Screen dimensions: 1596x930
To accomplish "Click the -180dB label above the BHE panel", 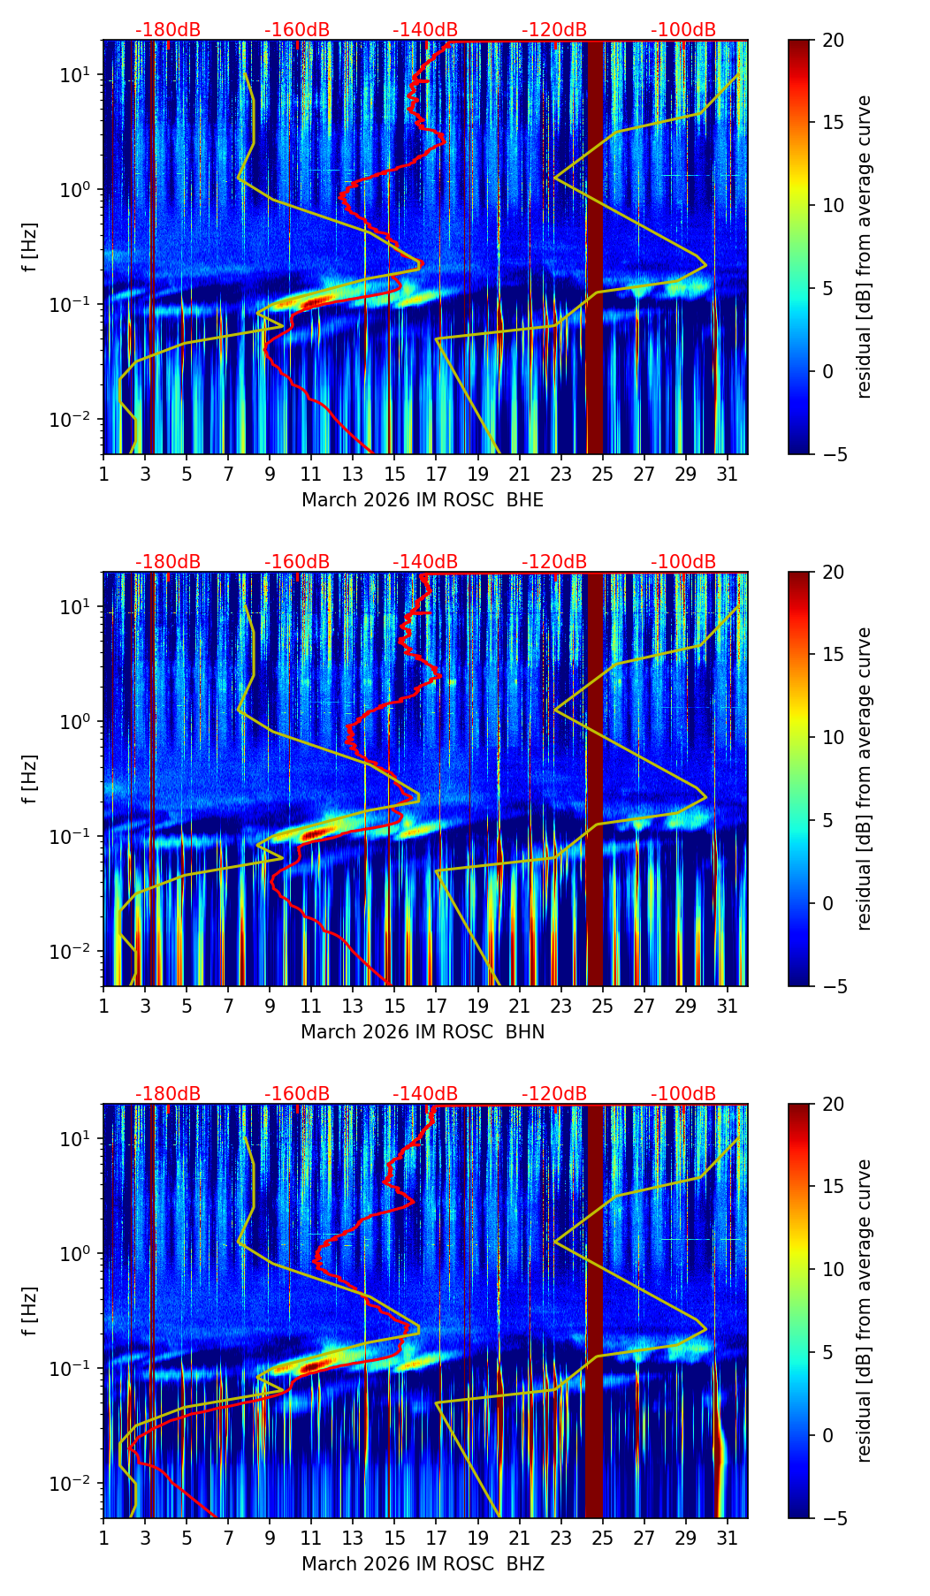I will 168,31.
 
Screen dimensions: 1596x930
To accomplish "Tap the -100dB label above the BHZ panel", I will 683,1095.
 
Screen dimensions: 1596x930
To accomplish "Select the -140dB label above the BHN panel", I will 425,563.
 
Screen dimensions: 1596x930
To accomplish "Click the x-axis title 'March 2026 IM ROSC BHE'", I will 423,500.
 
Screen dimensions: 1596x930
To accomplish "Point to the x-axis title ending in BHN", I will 423,1032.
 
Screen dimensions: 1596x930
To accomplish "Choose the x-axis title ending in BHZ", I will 423,1564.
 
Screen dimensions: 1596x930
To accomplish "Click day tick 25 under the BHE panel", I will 602,474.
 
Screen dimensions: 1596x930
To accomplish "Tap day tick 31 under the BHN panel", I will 727,1006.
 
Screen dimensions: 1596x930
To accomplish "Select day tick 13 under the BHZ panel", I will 353,1538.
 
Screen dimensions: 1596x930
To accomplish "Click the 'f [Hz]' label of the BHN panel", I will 30,779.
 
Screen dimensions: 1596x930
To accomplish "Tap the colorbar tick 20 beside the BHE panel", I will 833,40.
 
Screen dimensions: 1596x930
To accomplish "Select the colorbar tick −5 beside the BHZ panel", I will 833,1518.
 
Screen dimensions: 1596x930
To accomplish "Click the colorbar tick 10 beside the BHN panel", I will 833,737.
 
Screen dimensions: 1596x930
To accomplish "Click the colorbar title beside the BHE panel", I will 864,247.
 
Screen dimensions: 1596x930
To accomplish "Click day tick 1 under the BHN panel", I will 103,1006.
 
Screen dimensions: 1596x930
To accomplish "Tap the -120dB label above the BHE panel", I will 554,31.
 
